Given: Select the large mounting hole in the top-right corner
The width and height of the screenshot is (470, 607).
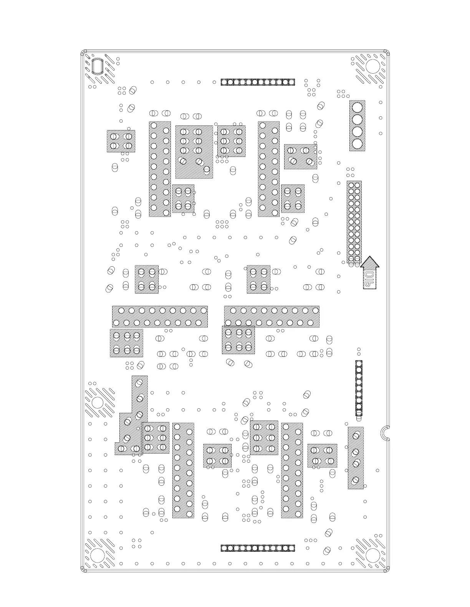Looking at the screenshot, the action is [x=372, y=66].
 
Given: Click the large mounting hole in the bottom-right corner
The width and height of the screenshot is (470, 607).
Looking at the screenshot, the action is [x=372, y=555].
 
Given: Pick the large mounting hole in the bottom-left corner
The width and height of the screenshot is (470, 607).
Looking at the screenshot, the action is [x=98, y=555].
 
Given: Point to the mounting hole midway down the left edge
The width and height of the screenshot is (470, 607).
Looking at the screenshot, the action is [x=98, y=403].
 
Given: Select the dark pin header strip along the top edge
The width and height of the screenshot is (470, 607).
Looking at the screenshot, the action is [x=258, y=82].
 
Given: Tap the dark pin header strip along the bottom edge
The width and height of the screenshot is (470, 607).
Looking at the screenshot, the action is [x=258, y=548].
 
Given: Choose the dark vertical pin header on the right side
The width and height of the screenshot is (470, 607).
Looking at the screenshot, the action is [x=359, y=388].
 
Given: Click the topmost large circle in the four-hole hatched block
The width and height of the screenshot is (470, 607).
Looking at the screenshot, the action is [x=357, y=107].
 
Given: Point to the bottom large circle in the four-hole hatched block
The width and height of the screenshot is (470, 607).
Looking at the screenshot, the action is [x=357, y=144].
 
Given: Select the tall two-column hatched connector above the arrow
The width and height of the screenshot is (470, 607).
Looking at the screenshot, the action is [x=354, y=222].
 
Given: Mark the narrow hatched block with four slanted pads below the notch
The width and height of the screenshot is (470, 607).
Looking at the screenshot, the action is [x=356, y=458].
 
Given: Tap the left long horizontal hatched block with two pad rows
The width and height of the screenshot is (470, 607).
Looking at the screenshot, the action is [x=160, y=317].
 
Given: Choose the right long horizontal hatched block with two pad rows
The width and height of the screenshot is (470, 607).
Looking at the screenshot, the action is [x=271, y=317].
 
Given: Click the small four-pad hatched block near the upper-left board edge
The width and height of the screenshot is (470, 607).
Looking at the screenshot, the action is [x=121, y=141].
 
